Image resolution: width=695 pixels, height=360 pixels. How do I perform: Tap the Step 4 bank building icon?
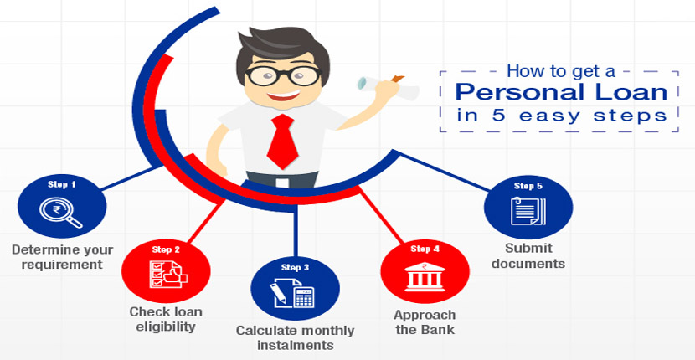point(425,277)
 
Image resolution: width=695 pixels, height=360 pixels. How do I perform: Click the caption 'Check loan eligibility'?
point(166,319)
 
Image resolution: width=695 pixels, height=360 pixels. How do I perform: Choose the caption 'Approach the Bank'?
point(425,322)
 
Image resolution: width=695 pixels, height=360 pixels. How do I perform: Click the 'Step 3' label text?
point(295,267)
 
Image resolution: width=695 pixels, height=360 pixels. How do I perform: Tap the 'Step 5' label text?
point(528,186)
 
